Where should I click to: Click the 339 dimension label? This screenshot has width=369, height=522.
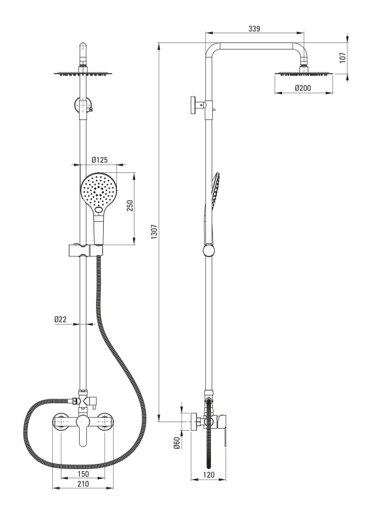click(254, 29)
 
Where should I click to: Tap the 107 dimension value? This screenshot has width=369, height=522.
click(343, 57)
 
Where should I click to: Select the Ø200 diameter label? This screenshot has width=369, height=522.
click(303, 88)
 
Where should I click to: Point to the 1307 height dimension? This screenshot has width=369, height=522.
click(153, 232)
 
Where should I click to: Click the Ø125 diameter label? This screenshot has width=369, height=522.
click(100, 160)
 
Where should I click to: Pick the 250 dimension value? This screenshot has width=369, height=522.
click(130, 206)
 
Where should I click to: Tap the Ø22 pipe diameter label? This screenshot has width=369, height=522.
click(61, 319)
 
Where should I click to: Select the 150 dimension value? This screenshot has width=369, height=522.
click(83, 474)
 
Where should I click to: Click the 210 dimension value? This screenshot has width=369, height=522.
click(83, 484)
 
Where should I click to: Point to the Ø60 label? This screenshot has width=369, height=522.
click(177, 442)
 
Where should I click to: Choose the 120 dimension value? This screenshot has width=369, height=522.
click(208, 475)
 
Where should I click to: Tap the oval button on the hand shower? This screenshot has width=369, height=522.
click(99, 210)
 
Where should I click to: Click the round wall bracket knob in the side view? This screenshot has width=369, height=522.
click(193, 105)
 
